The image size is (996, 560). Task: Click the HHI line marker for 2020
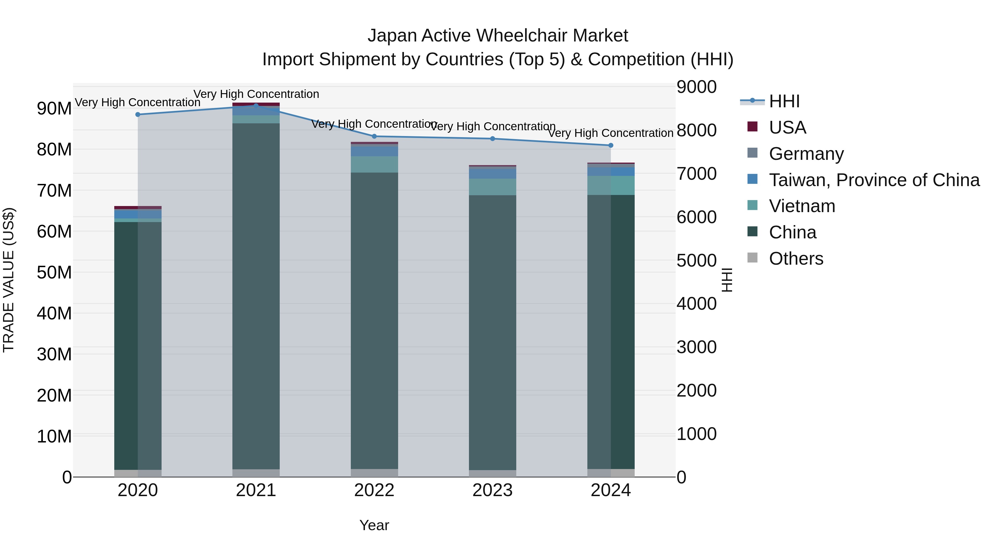click(138, 114)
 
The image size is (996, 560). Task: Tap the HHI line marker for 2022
click(374, 136)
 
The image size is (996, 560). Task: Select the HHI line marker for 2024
click(611, 145)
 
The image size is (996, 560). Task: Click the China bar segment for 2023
click(492, 332)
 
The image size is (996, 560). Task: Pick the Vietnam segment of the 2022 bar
click(374, 164)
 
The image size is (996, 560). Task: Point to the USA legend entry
click(787, 127)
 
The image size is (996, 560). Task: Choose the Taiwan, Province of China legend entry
click(874, 180)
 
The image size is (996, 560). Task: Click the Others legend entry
click(796, 259)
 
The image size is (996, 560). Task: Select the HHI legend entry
click(784, 101)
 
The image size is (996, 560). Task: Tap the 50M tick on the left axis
click(54, 272)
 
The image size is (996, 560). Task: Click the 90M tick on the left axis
click(54, 109)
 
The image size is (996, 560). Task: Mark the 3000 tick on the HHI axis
click(696, 347)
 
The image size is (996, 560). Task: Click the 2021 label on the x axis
click(256, 490)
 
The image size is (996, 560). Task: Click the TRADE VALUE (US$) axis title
click(9, 280)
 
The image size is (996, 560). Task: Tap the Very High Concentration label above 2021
click(256, 94)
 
